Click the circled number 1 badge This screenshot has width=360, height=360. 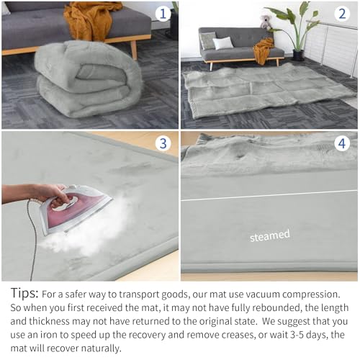(x=163, y=14)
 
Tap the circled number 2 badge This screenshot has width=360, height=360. (x=342, y=14)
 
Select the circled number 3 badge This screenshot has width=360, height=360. (x=163, y=143)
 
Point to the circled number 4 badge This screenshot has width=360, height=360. (x=342, y=143)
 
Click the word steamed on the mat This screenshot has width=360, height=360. (x=270, y=235)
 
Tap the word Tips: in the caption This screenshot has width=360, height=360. (x=24, y=293)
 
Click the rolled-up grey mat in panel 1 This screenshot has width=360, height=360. (x=88, y=79)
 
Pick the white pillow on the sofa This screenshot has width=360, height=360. (x=222, y=43)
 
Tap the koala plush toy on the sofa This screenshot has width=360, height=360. (x=266, y=22)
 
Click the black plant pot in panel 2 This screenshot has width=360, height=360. (x=299, y=55)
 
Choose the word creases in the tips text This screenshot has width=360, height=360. (x=238, y=336)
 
